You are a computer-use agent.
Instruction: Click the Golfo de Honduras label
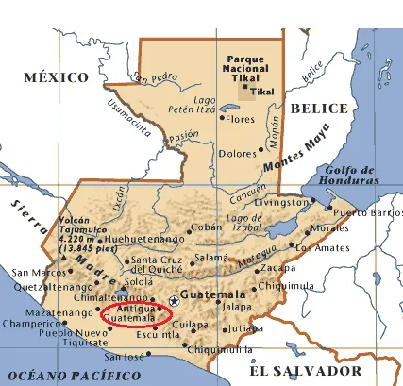(349, 176)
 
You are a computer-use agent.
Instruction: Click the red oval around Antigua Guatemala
(136, 315)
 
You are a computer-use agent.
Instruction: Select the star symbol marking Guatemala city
(173, 301)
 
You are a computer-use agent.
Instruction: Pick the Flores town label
(242, 120)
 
